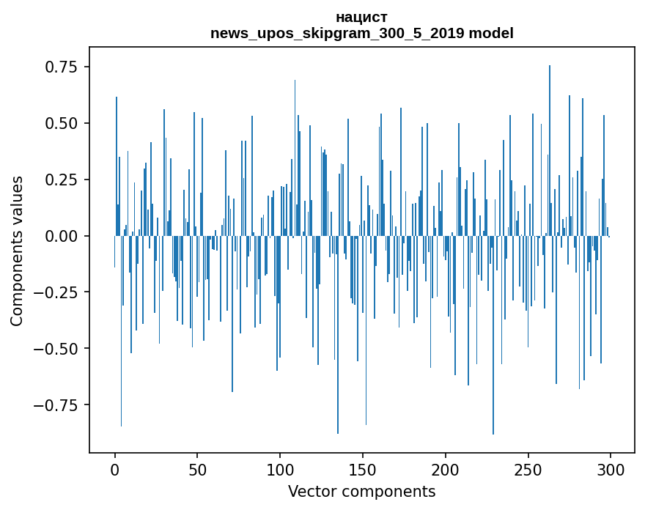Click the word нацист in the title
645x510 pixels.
point(361,17)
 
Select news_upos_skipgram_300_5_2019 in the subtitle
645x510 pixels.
point(337,33)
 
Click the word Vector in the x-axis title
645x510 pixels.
point(310,492)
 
